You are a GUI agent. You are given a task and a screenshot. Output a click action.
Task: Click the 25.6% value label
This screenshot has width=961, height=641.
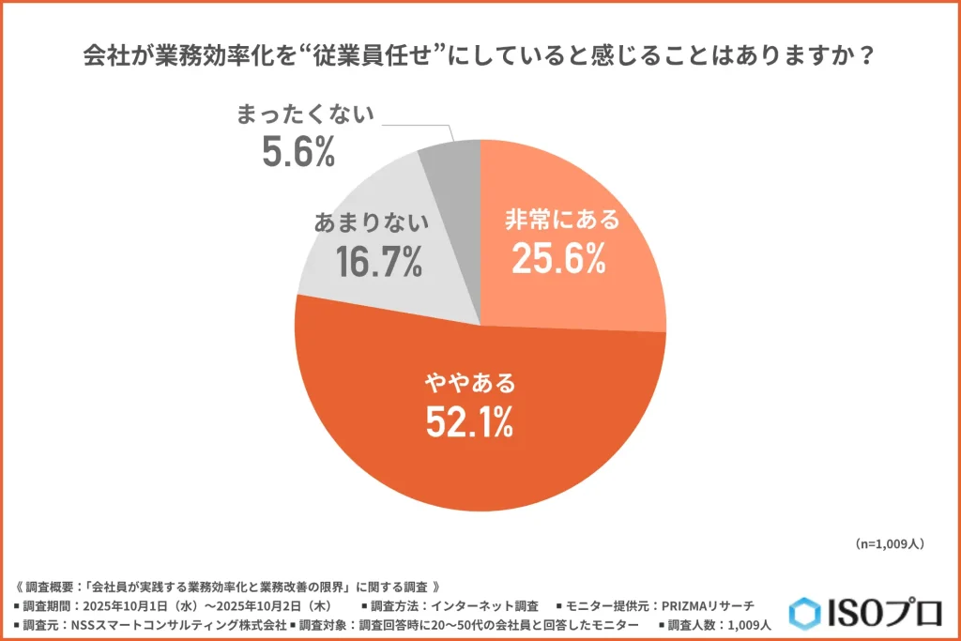[x=558, y=259]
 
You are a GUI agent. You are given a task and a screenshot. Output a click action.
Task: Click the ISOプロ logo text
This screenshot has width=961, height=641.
[x=882, y=613]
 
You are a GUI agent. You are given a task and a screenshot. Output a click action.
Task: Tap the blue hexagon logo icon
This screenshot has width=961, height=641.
[x=804, y=613]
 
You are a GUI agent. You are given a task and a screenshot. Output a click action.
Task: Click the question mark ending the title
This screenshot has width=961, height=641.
[x=867, y=56]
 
